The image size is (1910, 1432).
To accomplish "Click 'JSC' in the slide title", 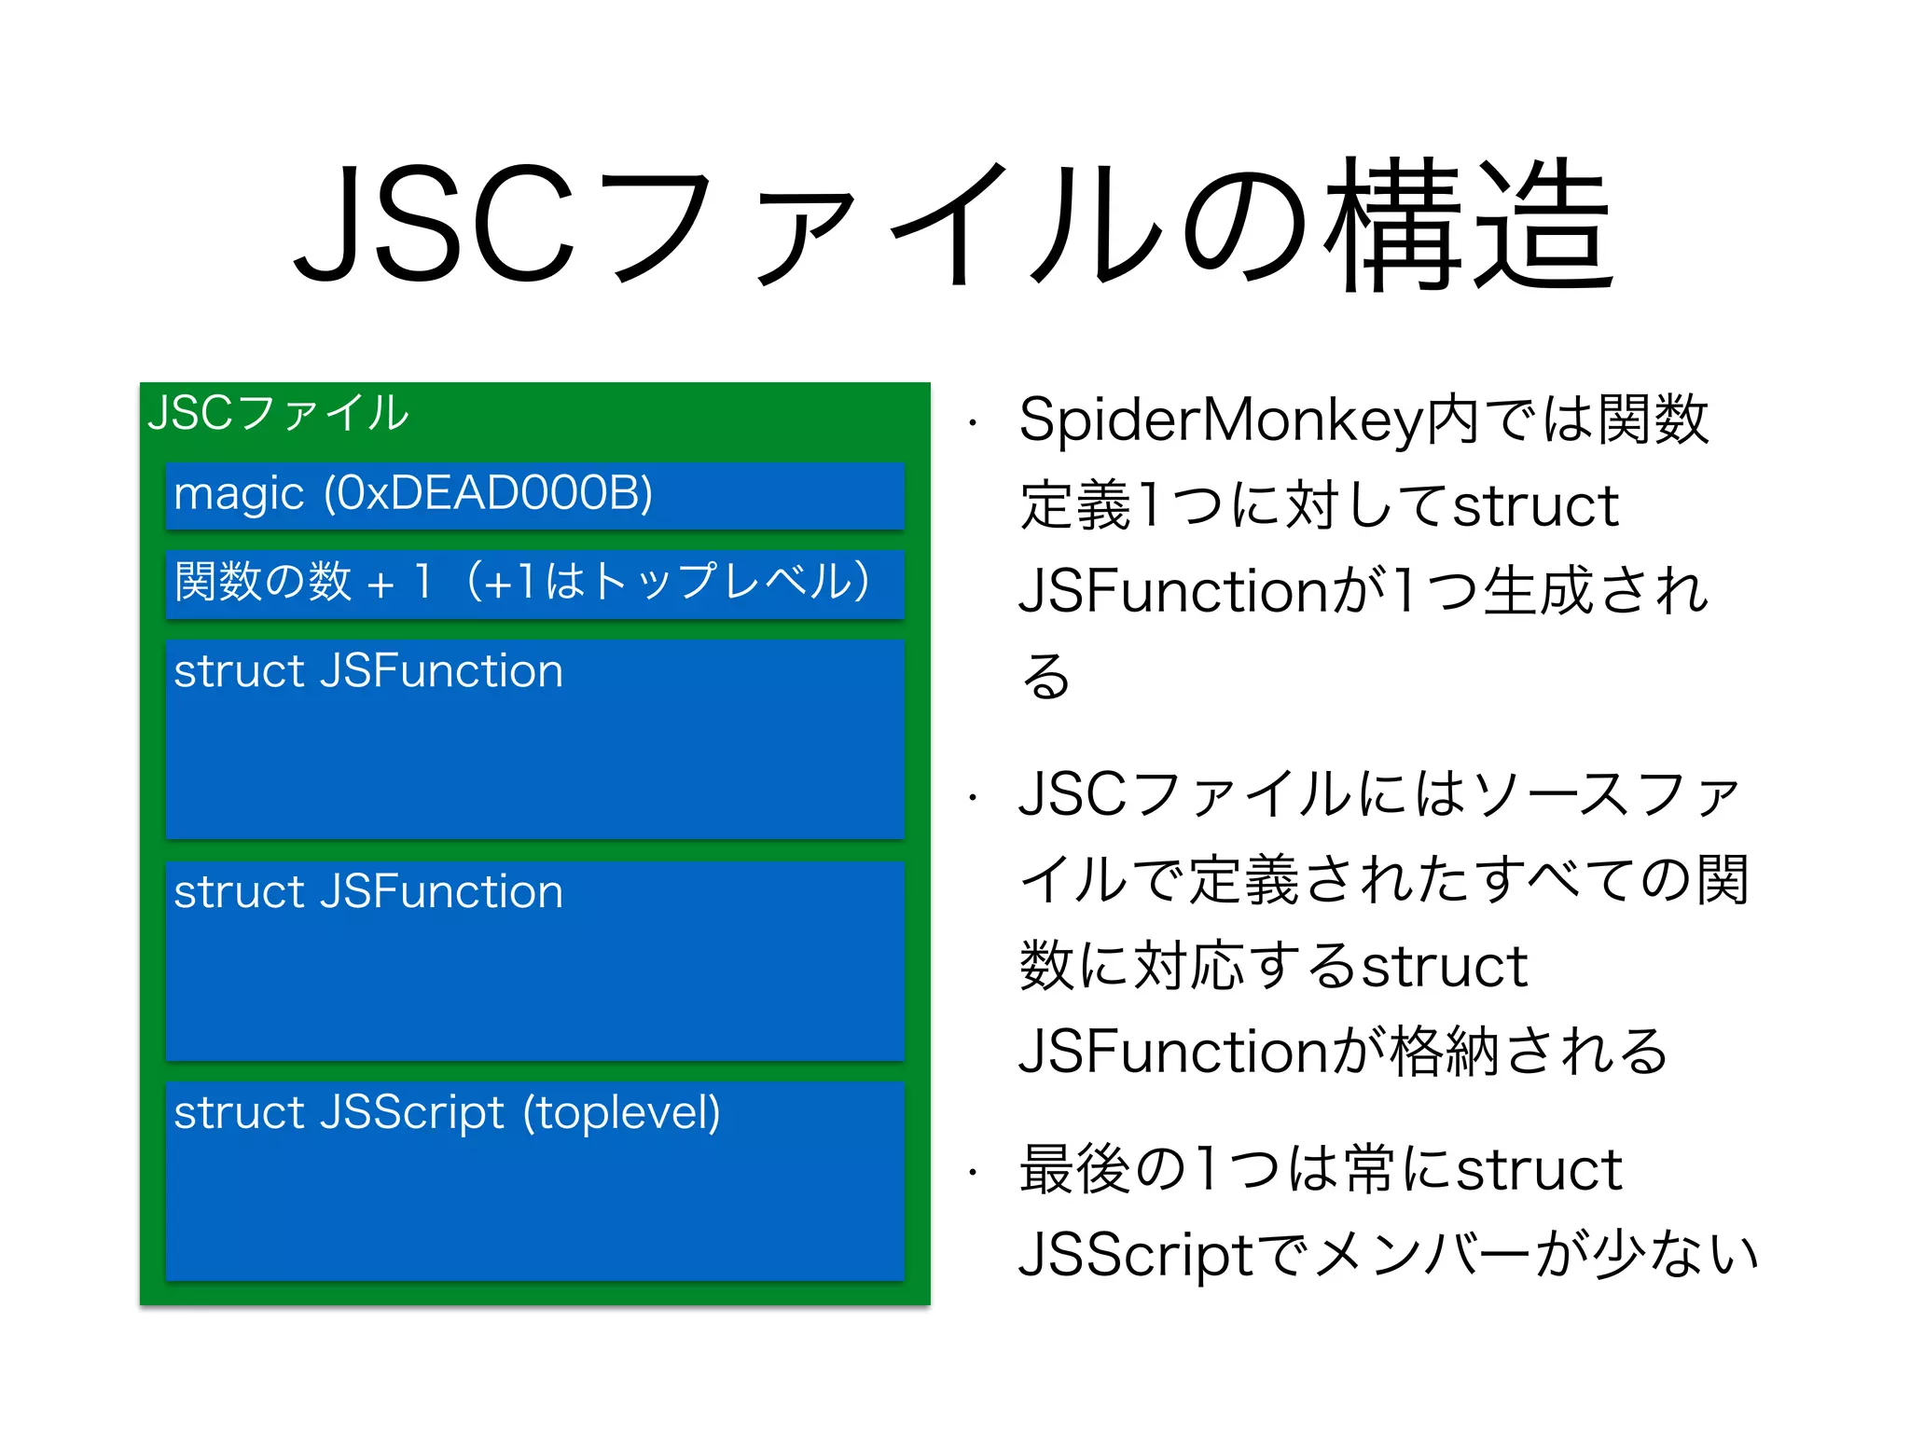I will point(434,224).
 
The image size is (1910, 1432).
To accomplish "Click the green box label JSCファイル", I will point(278,413).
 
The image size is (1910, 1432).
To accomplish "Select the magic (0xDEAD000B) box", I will point(534,495).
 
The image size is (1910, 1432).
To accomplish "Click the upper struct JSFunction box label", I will point(368,671).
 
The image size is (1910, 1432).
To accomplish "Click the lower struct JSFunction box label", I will point(368,892).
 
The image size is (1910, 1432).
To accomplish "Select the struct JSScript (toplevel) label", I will point(447,1113).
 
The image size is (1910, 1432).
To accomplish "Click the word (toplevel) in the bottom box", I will point(621,1113).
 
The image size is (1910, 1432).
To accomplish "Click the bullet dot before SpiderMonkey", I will point(972,423).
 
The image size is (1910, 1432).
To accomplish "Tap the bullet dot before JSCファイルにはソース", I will point(972,798).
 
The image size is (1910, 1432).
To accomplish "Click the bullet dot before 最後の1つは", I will point(972,1172).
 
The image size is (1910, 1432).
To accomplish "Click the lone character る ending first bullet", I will point(1045,676).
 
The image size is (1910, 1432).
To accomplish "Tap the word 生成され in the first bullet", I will point(1595,591).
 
